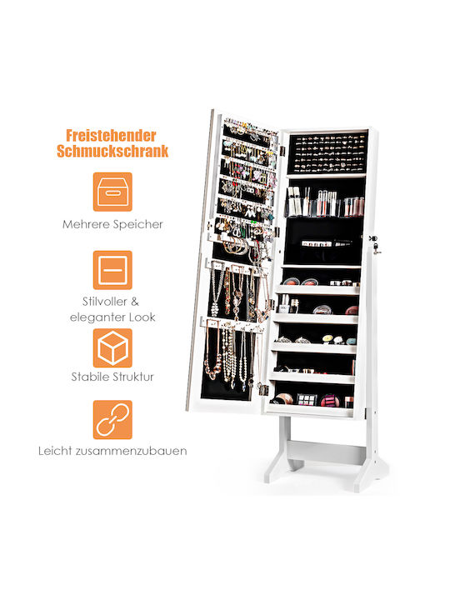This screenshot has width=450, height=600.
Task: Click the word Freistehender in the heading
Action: coord(111,136)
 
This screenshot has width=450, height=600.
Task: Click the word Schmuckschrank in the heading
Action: coord(112,151)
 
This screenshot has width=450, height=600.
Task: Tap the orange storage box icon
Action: coord(112,192)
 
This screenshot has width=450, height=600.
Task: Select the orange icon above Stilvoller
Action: coord(112,270)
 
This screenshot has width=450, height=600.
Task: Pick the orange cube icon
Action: coord(112,347)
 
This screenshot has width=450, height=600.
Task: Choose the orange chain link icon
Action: coord(112,420)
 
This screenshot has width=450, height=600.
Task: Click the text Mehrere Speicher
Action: coord(112,224)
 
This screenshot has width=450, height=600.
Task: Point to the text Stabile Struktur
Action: coord(112,377)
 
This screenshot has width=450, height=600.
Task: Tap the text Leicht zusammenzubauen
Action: coord(112,451)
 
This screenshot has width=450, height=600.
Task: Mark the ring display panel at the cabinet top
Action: coord(327,152)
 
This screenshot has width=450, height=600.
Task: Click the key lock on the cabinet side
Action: coord(374,244)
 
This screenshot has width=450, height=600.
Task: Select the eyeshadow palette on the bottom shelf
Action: coord(307,399)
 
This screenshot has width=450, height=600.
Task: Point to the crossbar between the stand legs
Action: coord(325,452)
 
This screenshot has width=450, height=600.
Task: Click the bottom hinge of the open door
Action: coord(263,390)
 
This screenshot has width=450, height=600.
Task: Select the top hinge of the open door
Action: coord(282,150)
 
